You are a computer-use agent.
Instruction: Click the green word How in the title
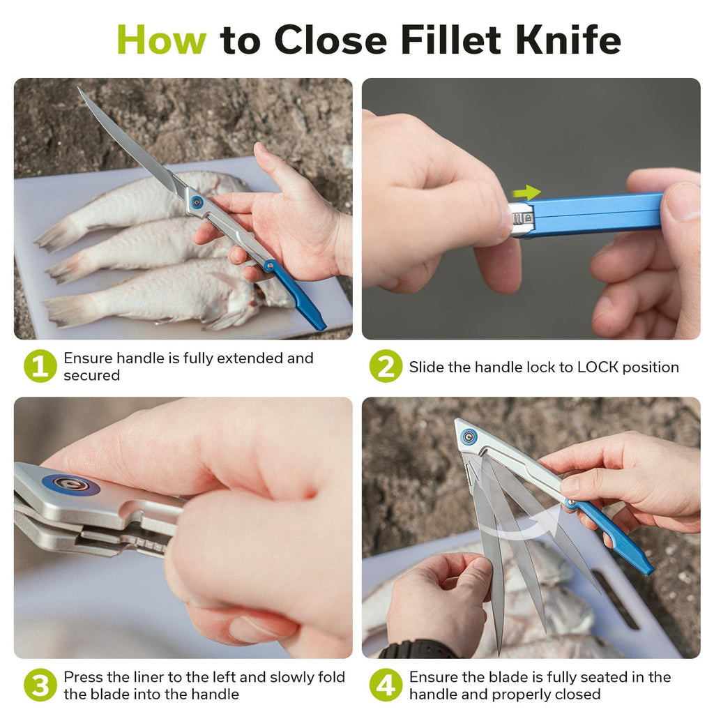(162, 40)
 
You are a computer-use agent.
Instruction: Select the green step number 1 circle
(40, 366)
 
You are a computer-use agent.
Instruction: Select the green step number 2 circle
(386, 366)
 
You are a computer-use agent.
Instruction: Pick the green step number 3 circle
(40, 685)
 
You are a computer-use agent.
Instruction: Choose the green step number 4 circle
(386, 685)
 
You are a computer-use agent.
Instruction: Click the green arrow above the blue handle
(527, 192)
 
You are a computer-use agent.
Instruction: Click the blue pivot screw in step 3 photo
(71, 485)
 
